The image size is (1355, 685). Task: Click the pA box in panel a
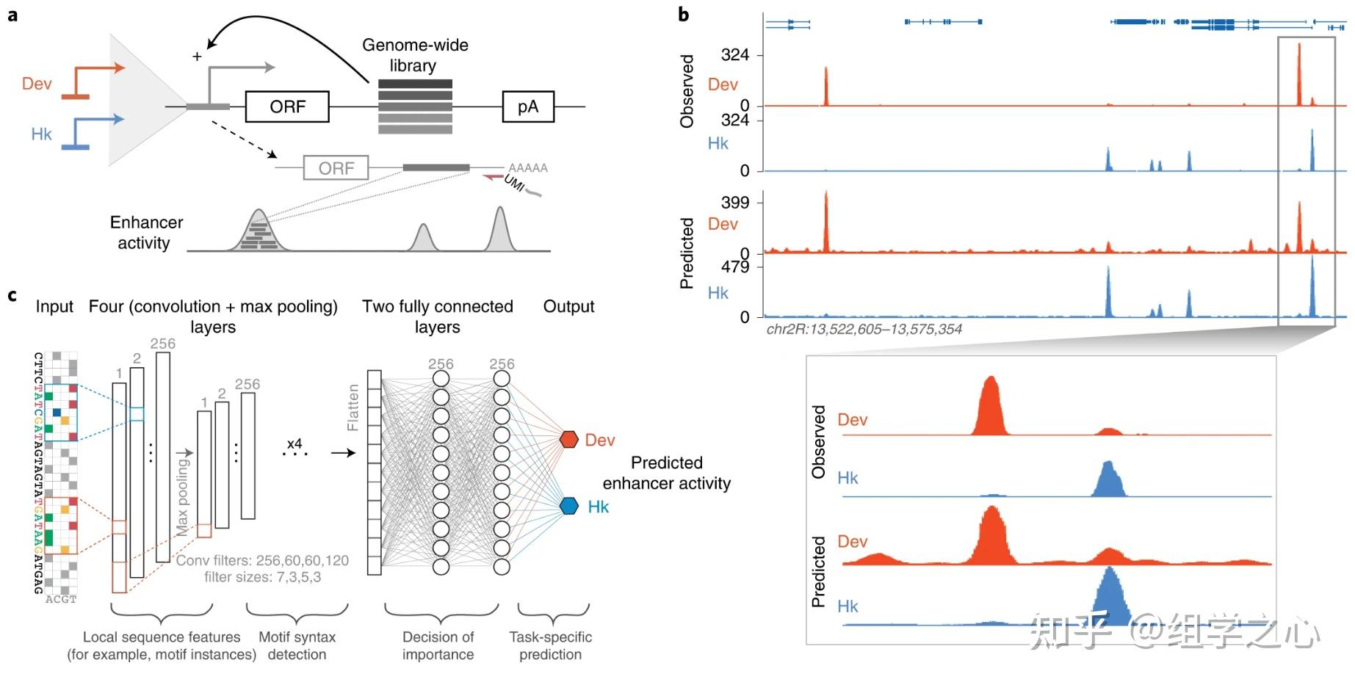click(527, 107)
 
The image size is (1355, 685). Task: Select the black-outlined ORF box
click(287, 107)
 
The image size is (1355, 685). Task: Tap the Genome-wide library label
click(414, 55)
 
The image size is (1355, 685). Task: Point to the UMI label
click(515, 183)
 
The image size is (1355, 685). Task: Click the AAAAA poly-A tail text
click(527, 168)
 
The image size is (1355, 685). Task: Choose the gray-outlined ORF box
click(336, 168)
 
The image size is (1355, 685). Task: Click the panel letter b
click(684, 14)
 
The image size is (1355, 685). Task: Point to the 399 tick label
click(734, 203)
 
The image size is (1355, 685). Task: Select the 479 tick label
click(734, 267)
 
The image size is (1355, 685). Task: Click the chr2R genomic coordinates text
click(864, 330)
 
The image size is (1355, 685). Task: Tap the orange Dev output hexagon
click(569, 440)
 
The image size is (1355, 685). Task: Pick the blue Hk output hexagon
click(569, 506)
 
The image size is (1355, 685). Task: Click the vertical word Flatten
click(353, 407)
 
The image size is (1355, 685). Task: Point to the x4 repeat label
click(295, 444)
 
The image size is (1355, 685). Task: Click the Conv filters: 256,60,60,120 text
click(262, 561)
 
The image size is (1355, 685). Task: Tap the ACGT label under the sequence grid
click(61, 600)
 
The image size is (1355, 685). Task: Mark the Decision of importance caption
click(438, 646)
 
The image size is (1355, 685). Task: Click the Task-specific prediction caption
click(550, 646)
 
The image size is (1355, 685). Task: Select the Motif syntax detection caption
click(297, 646)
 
